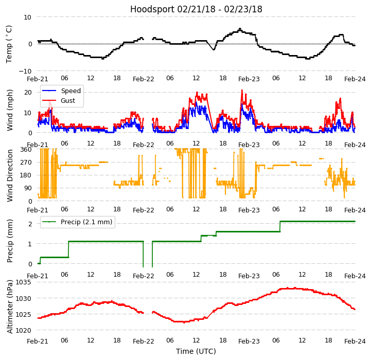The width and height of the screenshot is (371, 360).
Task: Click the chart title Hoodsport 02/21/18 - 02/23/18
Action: click(x=196, y=9)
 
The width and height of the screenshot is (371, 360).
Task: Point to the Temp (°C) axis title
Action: click(x=9, y=44)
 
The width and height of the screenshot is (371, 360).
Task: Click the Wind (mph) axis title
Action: click(x=10, y=110)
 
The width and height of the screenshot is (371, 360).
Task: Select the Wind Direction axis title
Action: click(x=10, y=175)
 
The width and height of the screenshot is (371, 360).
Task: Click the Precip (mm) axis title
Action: click(x=10, y=241)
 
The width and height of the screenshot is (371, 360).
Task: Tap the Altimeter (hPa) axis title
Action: click(x=10, y=307)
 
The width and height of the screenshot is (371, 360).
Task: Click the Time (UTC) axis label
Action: click(x=196, y=351)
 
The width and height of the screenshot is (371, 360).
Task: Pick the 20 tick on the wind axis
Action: click(x=28, y=92)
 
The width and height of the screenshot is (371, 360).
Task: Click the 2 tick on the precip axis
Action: click(x=30, y=224)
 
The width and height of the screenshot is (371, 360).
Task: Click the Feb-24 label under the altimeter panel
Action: click(x=355, y=341)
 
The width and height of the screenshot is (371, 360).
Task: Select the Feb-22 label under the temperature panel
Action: click(x=144, y=79)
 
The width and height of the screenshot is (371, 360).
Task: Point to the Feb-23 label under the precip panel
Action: click(x=249, y=276)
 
